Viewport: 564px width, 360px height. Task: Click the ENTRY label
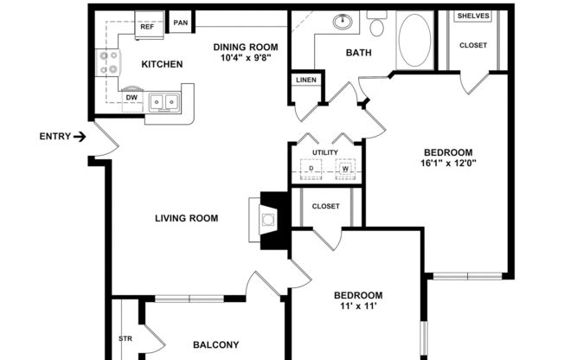tap(54, 137)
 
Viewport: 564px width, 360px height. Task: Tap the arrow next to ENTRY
tap(80, 137)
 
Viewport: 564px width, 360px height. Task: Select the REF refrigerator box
tap(147, 27)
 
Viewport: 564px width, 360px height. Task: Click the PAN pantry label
tap(181, 22)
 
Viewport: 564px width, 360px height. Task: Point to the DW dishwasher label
tap(131, 97)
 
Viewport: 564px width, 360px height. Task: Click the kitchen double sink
tap(163, 102)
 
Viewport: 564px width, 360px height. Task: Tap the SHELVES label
tap(472, 16)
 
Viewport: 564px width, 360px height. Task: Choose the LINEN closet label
tap(305, 80)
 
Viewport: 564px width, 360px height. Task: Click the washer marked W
tap(345, 170)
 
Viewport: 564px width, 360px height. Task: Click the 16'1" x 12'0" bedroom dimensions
tap(447, 160)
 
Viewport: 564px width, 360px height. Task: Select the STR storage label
tap(124, 338)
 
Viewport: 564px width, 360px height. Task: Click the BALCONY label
tap(215, 344)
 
